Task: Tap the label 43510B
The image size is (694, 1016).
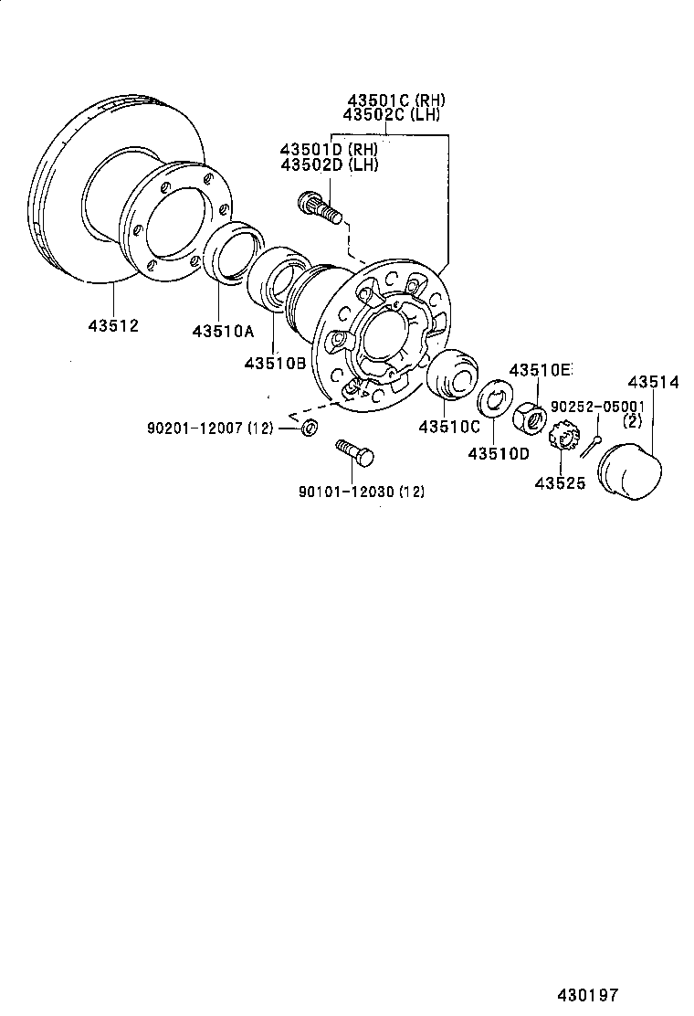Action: coord(275,363)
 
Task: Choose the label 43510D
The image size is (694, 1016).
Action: coord(499,453)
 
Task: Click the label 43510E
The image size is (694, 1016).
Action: coord(540,370)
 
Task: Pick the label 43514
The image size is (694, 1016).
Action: coord(650,383)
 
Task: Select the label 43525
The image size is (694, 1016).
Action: coord(560,482)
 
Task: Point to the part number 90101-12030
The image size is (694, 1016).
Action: coord(349,492)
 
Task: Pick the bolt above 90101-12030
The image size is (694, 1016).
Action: coord(355,451)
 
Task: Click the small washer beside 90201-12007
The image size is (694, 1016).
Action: coord(310,427)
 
